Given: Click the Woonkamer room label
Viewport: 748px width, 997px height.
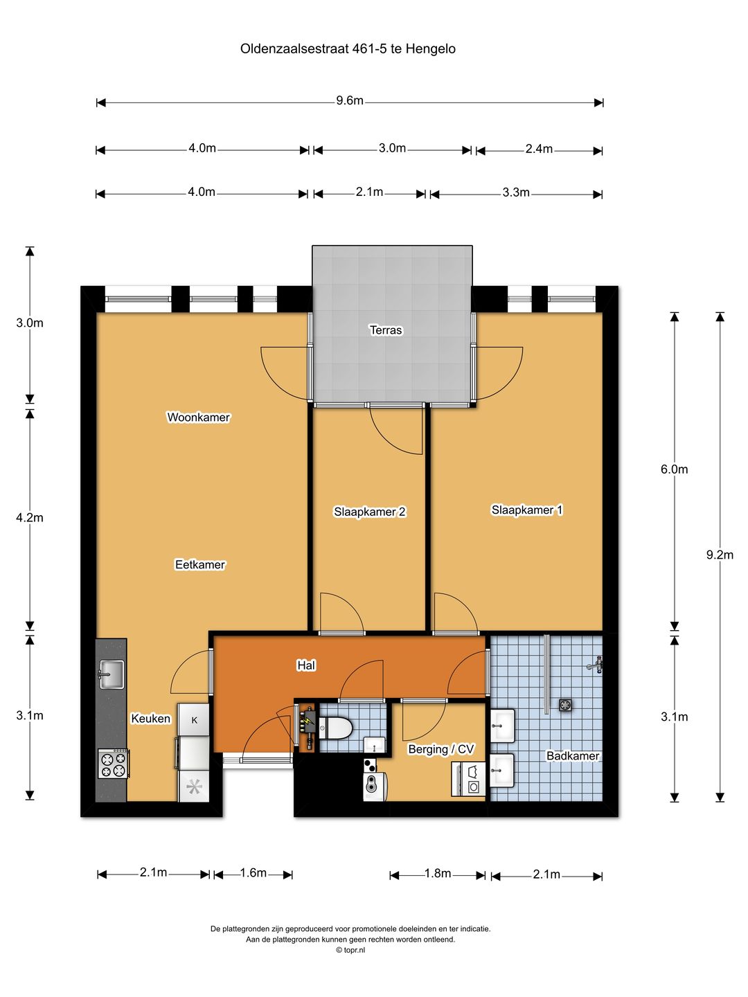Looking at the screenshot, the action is pyautogui.click(x=199, y=417).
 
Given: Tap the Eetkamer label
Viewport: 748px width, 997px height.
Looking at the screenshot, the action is pyautogui.click(x=200, y=564).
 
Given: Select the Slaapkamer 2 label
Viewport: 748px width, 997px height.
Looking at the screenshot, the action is pyautogui.click(x=370, y=512).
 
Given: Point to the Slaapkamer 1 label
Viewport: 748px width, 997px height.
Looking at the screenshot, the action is pyautogui.click(x=527, y=510).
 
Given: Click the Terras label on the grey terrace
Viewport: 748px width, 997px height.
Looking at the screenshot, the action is pyautogui.click(x=386, y=330).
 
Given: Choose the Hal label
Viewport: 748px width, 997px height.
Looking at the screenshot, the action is pyautogui.click(x=306, y=665).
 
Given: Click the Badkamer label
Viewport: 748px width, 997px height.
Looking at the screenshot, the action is pyautogui.click(x=573, y=756).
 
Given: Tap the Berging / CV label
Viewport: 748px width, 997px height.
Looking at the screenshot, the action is pyautogui.click(x=441, y=749).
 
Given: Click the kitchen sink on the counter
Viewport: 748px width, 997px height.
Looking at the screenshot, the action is pyautogui.click(x=111, y=674).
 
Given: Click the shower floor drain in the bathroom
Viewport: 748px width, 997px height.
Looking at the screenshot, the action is pyautogui.click(x=565, y=705).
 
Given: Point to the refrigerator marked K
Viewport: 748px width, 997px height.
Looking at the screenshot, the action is pyautogui.click(x=194, y=720).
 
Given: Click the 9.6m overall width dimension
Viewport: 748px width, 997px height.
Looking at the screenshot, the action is pyautogui.click(x=350, y=101).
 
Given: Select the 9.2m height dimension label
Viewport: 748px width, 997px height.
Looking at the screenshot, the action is pyautogui.click(x=720, y=555).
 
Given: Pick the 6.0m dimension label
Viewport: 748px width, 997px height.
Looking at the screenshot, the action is pyautogui.click(x=675, y=469).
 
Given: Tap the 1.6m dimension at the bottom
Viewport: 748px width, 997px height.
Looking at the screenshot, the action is pyautogui.click(x=253, y=872).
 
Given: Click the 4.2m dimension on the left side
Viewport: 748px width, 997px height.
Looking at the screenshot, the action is pyautogui.click(x=30, y=517).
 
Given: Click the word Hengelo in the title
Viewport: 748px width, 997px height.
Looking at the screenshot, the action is pyautogui.click(x=431, y=48).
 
